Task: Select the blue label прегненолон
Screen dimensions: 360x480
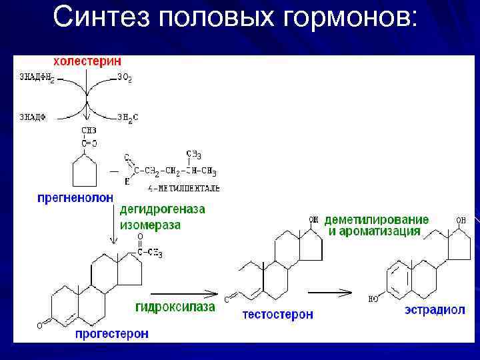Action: tap(75, 197)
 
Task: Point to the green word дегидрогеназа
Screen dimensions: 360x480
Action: tap(163, 210)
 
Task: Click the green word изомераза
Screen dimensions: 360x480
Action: tap(150, 225)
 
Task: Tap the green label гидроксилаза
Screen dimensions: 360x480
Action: tap(175, 307)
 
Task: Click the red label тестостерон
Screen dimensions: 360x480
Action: tap(278, 314)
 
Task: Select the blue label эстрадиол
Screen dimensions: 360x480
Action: tap(435, 311)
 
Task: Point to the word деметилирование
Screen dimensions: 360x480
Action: tap(377, 220)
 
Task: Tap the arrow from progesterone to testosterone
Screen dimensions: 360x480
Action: tap(183, 293)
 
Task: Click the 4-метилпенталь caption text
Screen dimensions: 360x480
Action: tap(175, 189)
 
